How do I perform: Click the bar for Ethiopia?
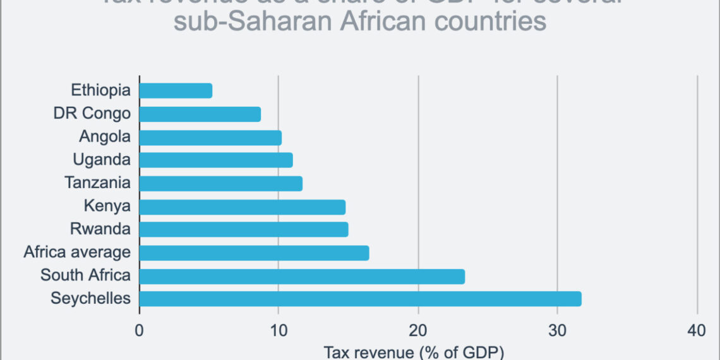point(176,90)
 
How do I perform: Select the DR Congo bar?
point(200,114)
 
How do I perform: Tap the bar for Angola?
point(210,137)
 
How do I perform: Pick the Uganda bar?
point(216,160)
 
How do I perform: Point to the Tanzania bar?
point(220,183)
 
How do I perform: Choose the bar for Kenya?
point(242,207)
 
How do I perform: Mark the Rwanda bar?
point(243,229)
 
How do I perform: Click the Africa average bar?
point(254,253)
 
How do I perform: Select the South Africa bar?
point(302,276)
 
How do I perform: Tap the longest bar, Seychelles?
point(360,299)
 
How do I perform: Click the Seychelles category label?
point(90,298)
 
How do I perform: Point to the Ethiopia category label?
point(101,90)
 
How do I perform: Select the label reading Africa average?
point(77,253)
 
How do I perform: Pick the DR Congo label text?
point(92,114)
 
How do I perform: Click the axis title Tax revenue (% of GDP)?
point(414,352)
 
